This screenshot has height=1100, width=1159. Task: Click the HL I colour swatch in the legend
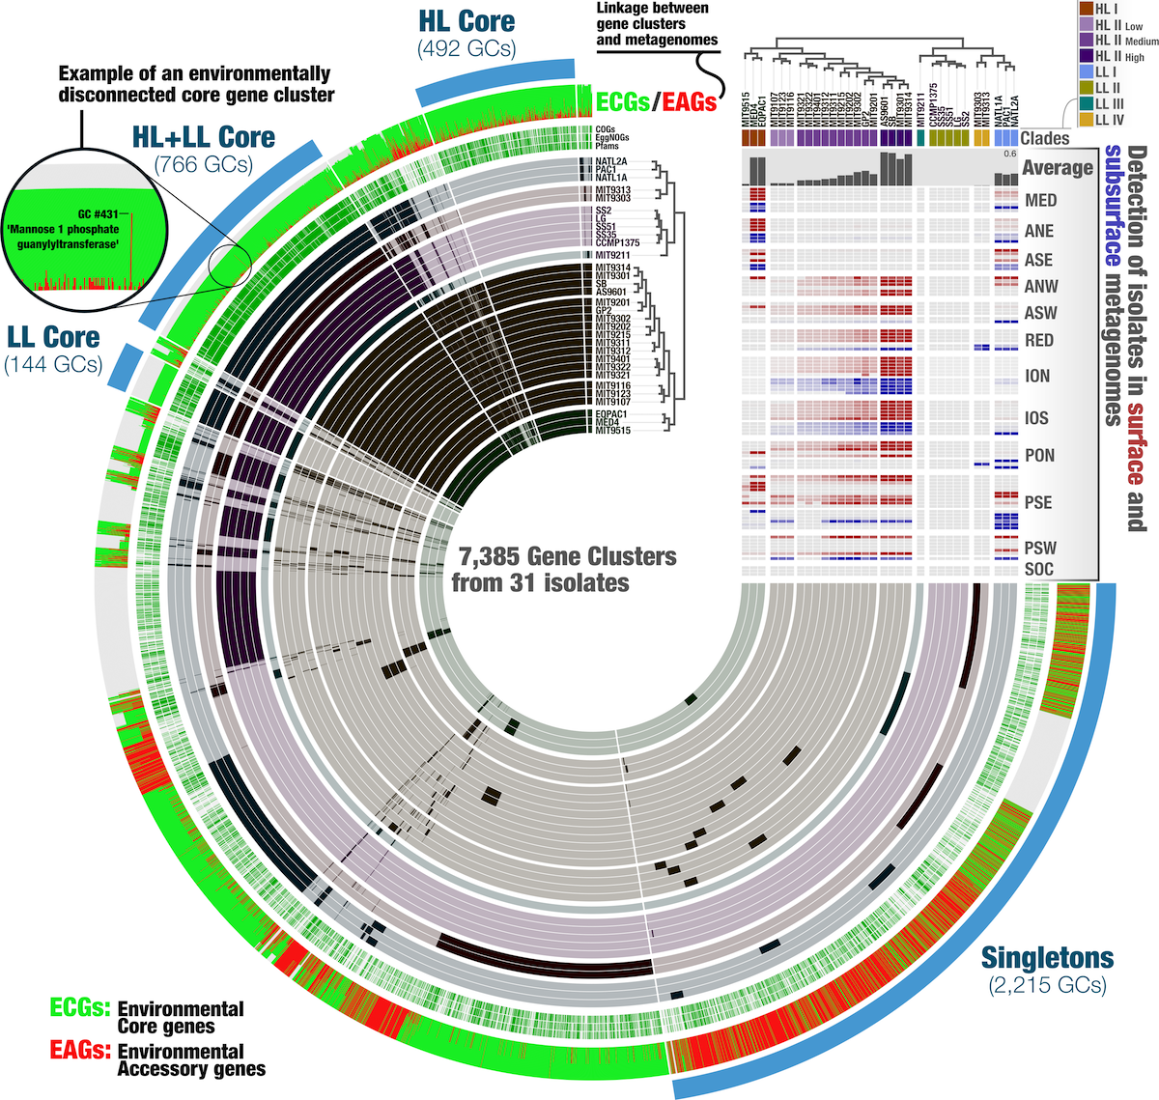(x=1085, y=9)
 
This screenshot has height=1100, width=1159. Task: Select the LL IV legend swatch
(x=1085, y=120)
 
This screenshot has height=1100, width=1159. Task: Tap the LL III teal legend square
(x=1085, y=104)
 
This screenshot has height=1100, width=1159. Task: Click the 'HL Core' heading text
(x=466, y=21)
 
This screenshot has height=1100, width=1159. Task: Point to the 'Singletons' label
(x=1047, y=958)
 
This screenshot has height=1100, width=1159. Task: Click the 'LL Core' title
(x=53, y=337)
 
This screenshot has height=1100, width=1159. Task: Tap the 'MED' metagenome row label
(x=1041, y=201)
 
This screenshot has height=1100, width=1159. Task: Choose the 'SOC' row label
(x=1039, y=570)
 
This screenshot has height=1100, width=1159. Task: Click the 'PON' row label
(x=1040, y=456)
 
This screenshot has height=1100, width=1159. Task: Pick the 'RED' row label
(x=1039, y=341)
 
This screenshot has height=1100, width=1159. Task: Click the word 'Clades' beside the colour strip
(x=1045, y=138)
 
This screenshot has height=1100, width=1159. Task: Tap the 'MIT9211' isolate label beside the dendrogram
(x=612, y=255)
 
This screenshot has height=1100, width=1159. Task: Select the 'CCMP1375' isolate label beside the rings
(x=617, y=242)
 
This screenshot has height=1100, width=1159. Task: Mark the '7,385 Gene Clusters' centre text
(x=567, y=557)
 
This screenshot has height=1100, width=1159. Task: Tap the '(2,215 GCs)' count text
(x=1047, y=986)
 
